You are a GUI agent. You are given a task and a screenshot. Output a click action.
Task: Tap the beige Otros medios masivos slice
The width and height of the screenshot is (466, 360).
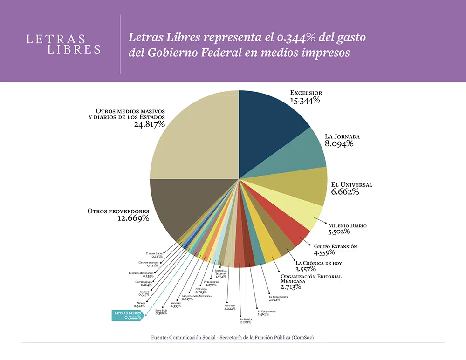point(196,135)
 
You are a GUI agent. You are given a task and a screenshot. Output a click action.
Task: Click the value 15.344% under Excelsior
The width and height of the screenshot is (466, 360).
point(305,100)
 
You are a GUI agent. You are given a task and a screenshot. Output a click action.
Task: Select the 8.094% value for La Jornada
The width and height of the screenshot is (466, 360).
point(339,144)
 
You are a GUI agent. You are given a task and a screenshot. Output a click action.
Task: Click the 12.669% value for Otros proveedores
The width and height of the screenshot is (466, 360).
point(133,218)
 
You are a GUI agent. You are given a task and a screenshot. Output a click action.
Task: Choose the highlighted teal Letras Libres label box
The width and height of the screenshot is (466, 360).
point(127,315)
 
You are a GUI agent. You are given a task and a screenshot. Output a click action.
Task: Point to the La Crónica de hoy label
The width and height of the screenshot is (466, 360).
point(318,263)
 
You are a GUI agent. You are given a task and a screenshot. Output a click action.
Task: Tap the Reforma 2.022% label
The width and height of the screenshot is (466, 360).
point(230,307)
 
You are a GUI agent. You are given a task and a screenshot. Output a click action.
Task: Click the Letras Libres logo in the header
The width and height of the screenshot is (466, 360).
point(63,44)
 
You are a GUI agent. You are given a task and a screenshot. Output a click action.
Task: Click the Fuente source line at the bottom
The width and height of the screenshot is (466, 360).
point(233,337)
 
